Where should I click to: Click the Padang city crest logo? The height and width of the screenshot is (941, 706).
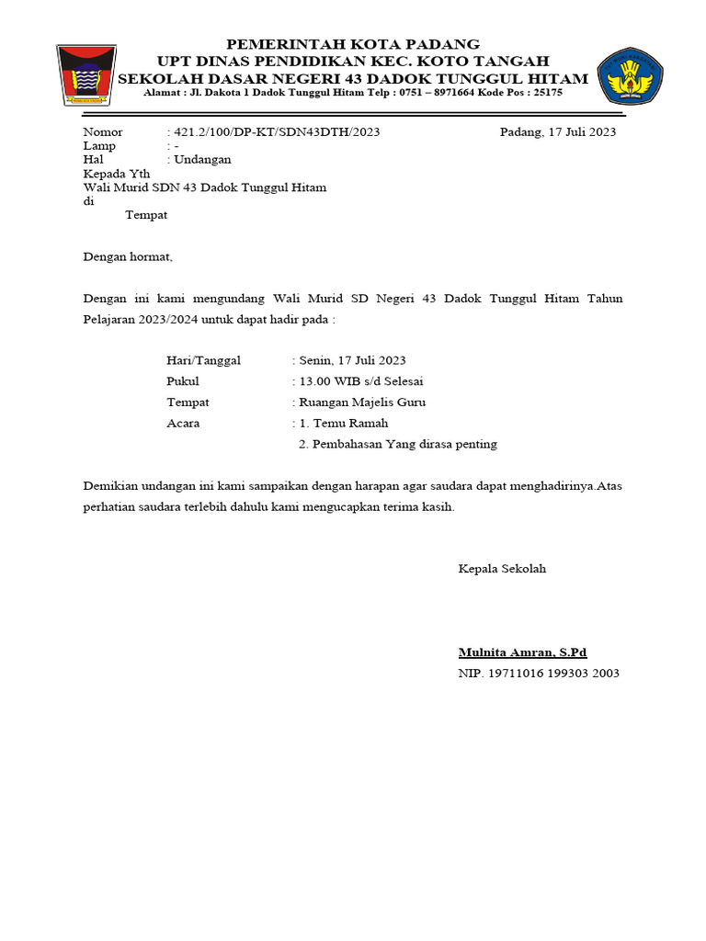pyautogui.click(x=85, y=75)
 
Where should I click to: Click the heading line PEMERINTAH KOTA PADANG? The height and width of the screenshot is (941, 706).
pyautogui.click(x=353, y=44)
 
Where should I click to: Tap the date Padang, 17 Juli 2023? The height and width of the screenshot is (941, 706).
pyautogui.click(x=558, y=132)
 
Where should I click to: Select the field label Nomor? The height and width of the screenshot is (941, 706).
pyautogui.click(x=102, y=132)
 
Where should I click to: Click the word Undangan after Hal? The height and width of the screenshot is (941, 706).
pyautogui.click(x=202, y=160)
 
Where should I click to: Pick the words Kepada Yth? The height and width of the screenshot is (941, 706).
pyautogui.click(x=117, y=174)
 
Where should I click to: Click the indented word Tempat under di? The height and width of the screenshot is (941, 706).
pyautogui.click(x=146, y=215)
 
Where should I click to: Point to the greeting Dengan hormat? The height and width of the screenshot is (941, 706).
pyautogui.click(x=128, y=257)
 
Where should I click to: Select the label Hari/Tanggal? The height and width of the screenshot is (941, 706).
pyautogui.click(x=203, y=360)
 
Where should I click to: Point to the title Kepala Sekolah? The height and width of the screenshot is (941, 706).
pyautogui.click(x=502, y=569)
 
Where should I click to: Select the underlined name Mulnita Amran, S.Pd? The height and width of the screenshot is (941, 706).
pyautogui.click(x=522, y=653)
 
